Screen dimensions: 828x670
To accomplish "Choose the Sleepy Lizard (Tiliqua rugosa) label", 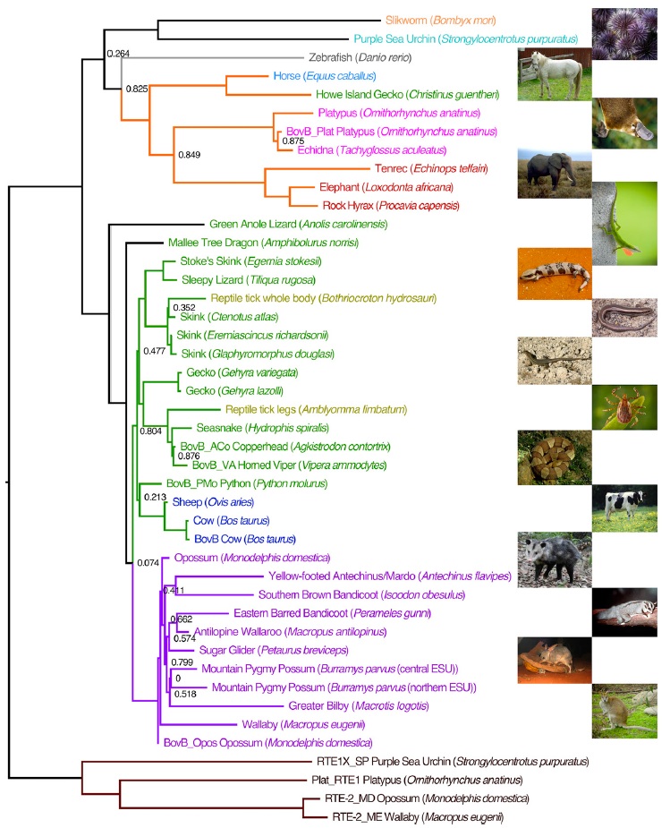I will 237,279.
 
